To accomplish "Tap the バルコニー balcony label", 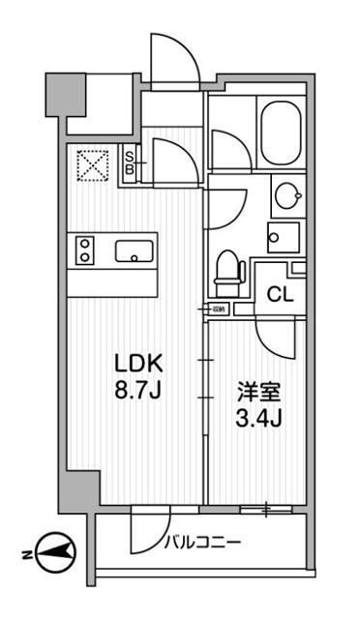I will point(204,543).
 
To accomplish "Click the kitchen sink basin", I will point(135,252).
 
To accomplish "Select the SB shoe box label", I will point(132,162).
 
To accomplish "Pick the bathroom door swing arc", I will point(229,150).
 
